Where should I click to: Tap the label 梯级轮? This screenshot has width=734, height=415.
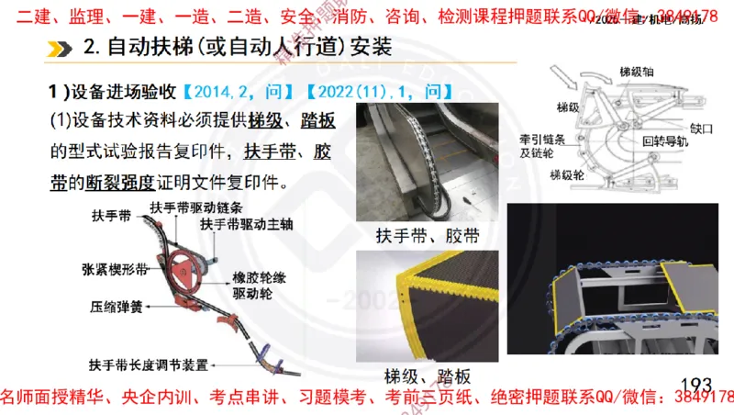tap(567, 172)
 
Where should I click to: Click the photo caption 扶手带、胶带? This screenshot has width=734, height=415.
tap(428, 236)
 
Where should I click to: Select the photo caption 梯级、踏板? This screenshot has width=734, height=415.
tap(428, 376)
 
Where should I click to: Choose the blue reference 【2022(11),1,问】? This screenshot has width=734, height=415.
tap(377, 92)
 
